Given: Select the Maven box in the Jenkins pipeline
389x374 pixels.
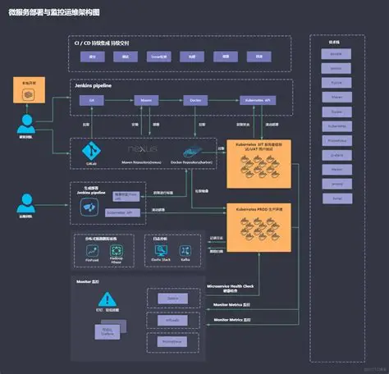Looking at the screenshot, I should [147, 99].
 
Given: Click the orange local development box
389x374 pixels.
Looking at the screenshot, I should [27, 89].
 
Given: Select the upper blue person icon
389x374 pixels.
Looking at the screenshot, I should [27, 124].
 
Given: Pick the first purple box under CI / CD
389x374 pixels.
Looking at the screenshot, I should [92, 57].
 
